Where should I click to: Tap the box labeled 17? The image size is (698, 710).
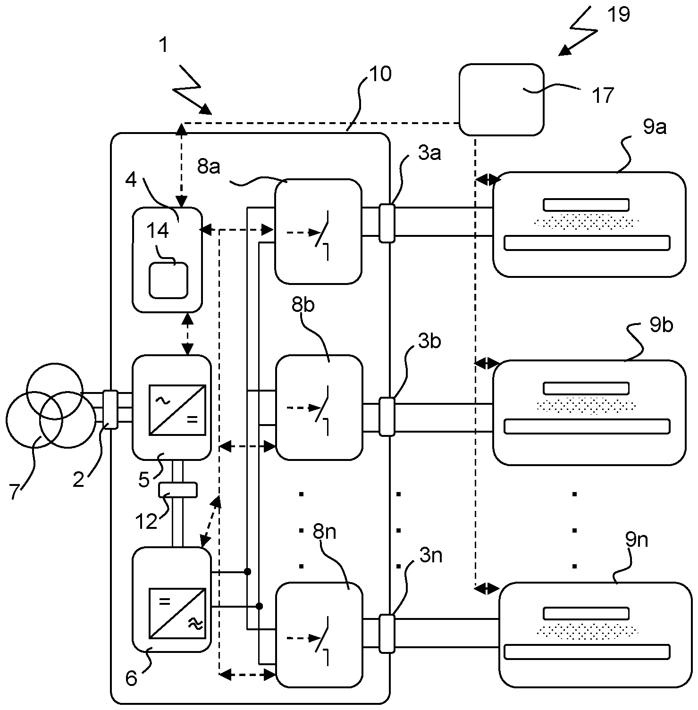pyautogui.click(x=501, y=100)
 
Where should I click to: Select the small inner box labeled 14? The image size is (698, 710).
pyautogui.click(x=168, y=280)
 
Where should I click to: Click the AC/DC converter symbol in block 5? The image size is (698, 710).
pyautogui.click(x=177, y=409)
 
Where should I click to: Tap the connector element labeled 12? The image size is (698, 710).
pyautogui.click(x=177, y=489)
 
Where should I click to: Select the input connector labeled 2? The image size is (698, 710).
pyautogui.click(x=110, y=409)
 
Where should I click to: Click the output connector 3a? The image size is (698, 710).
pyautogui.click(x=387, y=223)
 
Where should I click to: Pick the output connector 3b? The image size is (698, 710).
pyautogui.click(x=387, y=416)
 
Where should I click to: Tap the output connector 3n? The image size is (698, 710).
pyautogui.click(x=387, y=634)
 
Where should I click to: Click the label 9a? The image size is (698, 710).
pyautogui.click(x=655, y=127)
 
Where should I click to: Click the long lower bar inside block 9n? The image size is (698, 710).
pyautogui.click(x=587, y=652)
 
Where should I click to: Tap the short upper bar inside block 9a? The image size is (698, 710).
pyautogui.click(x=586, y=204)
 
